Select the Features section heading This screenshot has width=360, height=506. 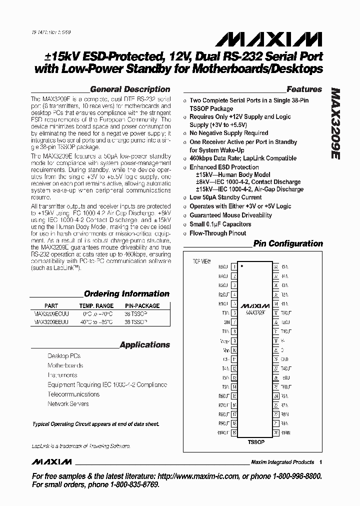(x=304, y=89)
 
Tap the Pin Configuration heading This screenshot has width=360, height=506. (x=288, y=243)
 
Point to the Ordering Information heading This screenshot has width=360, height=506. (x=126, y=294)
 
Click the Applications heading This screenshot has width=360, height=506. (x=145, y=344)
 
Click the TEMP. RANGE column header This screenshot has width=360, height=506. (x=96, y=305)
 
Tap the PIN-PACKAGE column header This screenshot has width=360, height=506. (x=141, y=305)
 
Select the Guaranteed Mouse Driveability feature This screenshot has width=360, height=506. (x=230, y=215)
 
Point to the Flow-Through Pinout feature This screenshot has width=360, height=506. (x=217, y=233)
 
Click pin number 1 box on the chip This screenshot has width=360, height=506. (x=233, y=267)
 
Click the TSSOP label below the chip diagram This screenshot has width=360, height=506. (x=256, y=442)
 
